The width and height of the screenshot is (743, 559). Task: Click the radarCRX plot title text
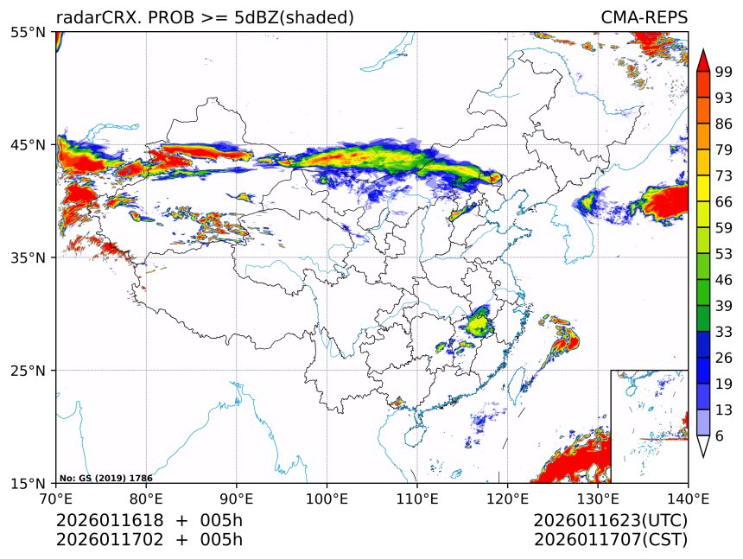coord(205,18)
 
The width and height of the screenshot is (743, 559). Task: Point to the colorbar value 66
coord(724,201)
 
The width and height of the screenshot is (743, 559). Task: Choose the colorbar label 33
coord(724,332)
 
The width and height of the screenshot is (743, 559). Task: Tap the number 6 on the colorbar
coord(720,436)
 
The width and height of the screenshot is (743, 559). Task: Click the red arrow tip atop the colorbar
coord(703,59)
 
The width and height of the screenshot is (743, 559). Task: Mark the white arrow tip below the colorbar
coord(703,448)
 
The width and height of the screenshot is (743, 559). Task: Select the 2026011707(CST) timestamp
coord(610,540)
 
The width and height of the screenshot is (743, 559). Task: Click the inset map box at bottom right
coord(649,426)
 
